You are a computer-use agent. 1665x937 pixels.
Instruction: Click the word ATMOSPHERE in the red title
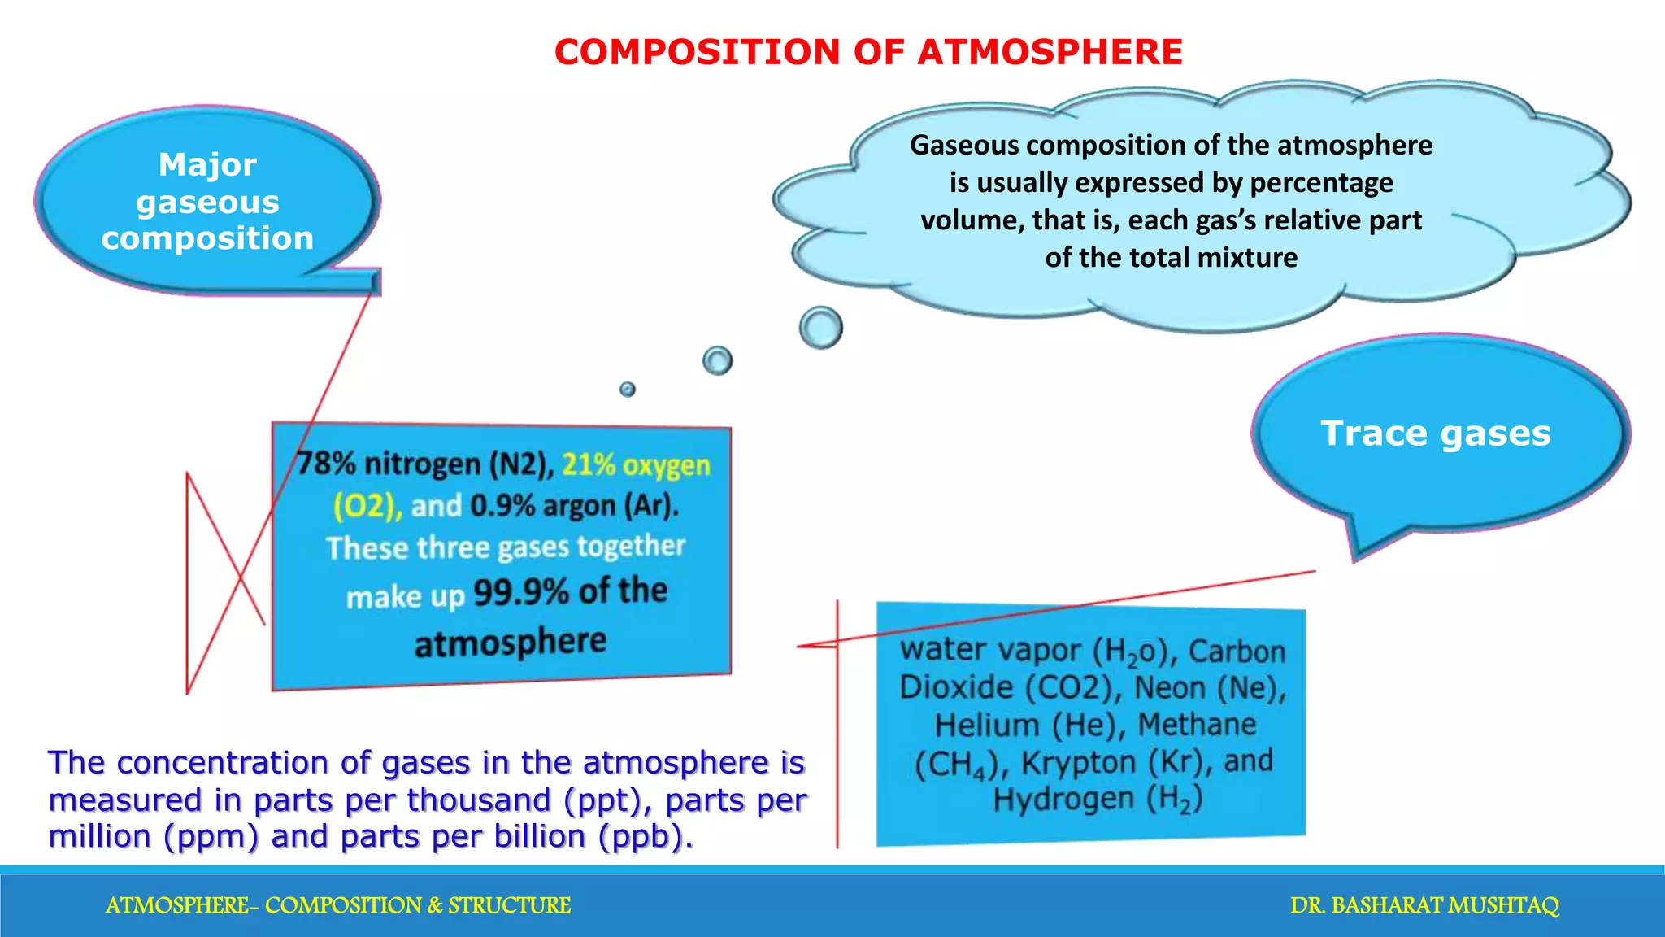coord(1050,52)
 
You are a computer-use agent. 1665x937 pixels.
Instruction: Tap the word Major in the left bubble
coord(207,164)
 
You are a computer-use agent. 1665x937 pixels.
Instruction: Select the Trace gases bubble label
coord(1436,434)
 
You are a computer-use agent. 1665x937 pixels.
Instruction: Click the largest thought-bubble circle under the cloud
coord(821,328)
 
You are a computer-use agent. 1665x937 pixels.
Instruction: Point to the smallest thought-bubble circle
coord(628,390)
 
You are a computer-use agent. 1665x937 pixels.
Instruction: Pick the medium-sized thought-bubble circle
coord(718,360)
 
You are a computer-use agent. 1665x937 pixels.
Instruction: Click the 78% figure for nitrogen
coord(326,464)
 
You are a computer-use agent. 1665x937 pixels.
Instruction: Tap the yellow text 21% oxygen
coord(637,465)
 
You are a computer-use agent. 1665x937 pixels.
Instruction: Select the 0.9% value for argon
coord(502,506)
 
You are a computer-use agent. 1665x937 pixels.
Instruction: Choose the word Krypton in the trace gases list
coord(1078,763)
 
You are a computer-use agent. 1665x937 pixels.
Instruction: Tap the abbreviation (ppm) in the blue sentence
coord(211,837)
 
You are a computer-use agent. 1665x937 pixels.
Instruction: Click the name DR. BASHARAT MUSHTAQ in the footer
coord(1424,905)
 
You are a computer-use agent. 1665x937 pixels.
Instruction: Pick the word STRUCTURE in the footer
coord(510,905)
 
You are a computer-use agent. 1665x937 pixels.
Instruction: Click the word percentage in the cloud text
coord(1321,183)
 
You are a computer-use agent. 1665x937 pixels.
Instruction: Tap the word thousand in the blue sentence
coord(479,800)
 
